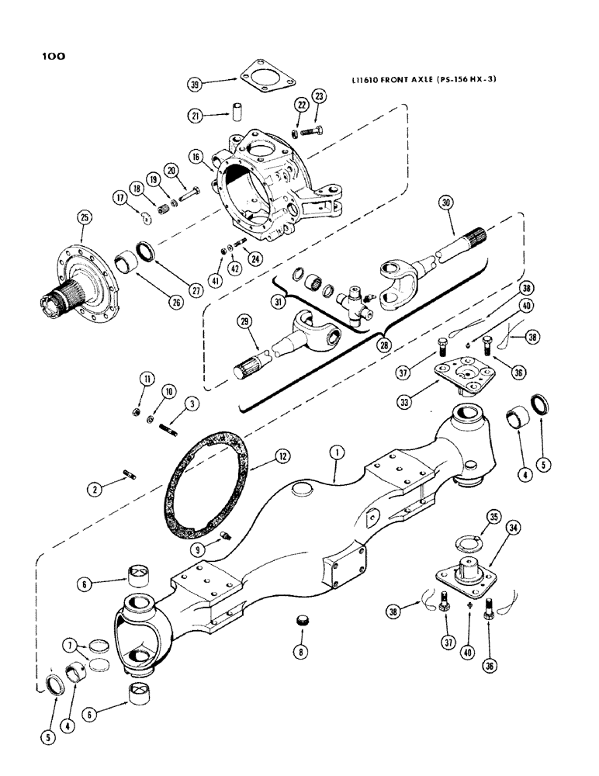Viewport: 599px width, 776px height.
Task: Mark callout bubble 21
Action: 196,115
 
